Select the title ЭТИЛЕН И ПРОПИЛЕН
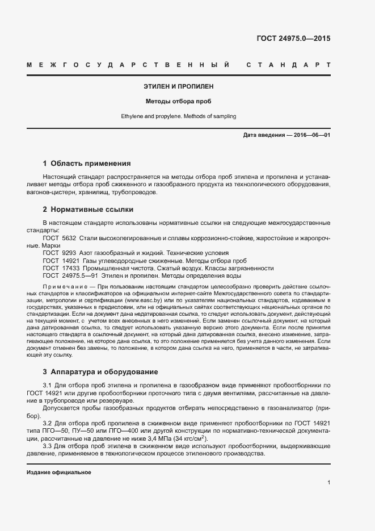[178, 87]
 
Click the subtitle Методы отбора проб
[178, 102]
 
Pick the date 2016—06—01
[311, 135]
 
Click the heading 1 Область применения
[87, 163]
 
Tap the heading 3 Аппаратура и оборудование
[100, 372]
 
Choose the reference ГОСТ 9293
[60, 252]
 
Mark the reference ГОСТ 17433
[61, 268]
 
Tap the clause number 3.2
[48, 423]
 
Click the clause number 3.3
[48, 446]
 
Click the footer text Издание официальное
[59, 472]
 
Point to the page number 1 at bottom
[329, 483]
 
